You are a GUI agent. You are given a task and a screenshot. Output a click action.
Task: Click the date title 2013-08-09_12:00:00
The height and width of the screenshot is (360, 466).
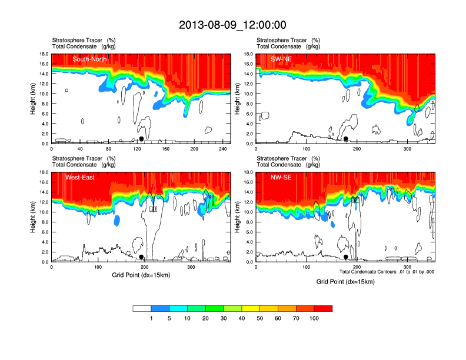tap(232, 25)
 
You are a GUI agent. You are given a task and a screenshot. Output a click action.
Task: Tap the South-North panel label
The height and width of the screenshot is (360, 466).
tap(89, 59)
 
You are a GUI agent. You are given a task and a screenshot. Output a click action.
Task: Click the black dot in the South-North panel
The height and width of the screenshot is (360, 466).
tap(141, 139)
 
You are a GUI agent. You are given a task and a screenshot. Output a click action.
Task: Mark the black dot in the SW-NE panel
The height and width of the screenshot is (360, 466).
tap(346, 139)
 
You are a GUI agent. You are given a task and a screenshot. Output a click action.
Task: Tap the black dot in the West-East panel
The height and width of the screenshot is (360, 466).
tap(141, 257)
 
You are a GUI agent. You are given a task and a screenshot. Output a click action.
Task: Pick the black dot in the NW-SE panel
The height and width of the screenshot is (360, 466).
tap(346, 257)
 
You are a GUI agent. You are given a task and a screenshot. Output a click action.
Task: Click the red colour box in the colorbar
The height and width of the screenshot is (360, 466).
tap(323, 308)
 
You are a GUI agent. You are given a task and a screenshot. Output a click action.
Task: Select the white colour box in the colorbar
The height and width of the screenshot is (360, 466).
tap(142, 308)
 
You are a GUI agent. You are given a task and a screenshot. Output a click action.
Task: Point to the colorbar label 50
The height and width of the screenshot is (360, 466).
tap(260, 318)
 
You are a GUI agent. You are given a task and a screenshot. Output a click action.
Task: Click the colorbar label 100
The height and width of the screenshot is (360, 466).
tap(314, 318)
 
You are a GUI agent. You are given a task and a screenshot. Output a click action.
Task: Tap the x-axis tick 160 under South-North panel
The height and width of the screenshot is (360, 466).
tap(165, 149)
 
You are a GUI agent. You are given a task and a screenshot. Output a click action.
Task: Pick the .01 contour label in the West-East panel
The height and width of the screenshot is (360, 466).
tap(154, 209)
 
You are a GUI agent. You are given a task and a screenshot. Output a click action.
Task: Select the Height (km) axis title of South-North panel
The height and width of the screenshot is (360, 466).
tap(34, 99)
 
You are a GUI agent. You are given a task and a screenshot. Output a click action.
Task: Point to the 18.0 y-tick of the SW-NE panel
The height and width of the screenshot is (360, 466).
tap(248, 54)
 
